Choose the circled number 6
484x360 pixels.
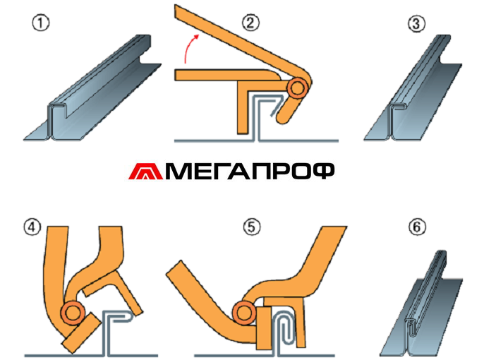[416, 228]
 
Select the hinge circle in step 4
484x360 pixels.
[72, 312]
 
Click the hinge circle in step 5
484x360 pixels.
[246, 310]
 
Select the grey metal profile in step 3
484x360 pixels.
[416, 92]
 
